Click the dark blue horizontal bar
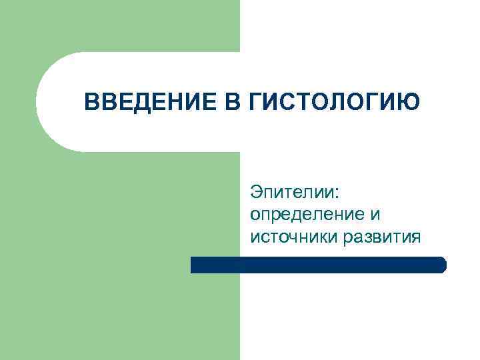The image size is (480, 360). point(318,265)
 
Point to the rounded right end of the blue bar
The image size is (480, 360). point(442,265)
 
